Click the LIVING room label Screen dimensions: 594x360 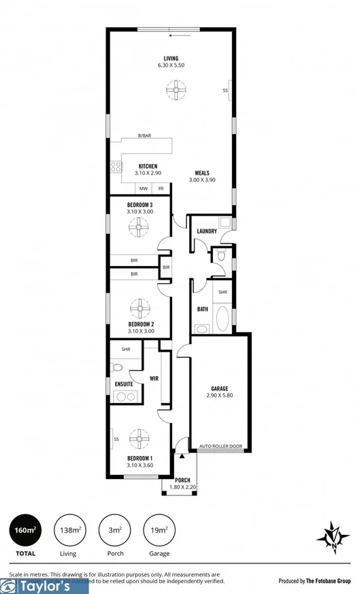(x=170, y=58)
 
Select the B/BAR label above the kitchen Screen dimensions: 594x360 (x=144, y=136)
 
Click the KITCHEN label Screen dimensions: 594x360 (x=148, y=166)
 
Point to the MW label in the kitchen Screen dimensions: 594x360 (x=144, y=188)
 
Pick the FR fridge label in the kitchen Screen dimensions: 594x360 (x=161, y=188)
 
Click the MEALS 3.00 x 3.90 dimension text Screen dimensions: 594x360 (x=201, y=180)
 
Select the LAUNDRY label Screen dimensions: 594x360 (x=206, y=231)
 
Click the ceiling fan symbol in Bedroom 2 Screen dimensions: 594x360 (x=140, y=309)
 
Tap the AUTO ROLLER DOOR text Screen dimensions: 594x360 (x=220, y=447)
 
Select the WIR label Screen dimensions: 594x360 (x=154, y=378)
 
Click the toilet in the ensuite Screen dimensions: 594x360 (x=117, y=369)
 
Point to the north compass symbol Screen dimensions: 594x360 (x=332, y=536)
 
